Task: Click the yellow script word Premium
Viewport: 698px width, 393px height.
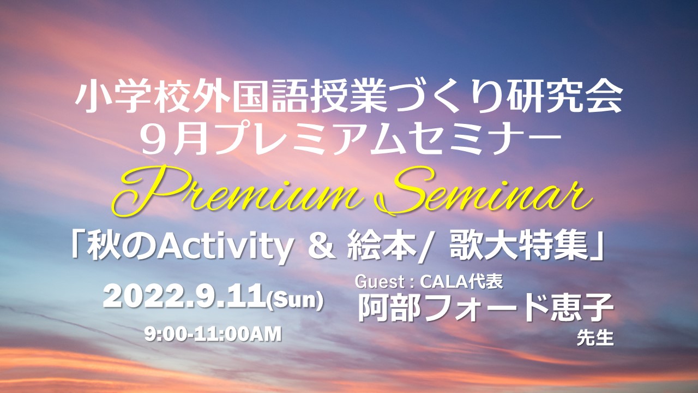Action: pyautogui.click(x=237, y=191)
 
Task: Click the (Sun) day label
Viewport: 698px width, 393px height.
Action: pyautogui.click(x=295, y=300)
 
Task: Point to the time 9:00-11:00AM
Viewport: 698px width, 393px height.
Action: pyautogui.click(x=213, y=334)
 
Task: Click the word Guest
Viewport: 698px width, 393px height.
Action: pyautogui.click(x=380, y=282)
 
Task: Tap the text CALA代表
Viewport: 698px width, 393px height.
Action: pyautogui.click(x=461, y=282)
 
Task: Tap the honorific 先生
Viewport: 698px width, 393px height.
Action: pyautogui.click(x=595, y=338)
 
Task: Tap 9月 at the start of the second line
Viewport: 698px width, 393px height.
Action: pyautogui.click(x=173, y=140)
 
